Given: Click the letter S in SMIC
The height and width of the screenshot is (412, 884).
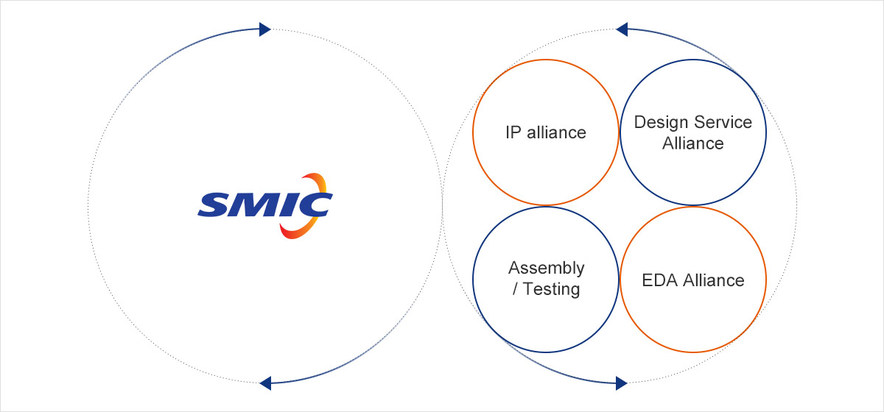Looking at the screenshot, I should tap(212, 205).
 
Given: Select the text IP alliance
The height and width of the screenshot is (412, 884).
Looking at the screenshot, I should tap(546, 132).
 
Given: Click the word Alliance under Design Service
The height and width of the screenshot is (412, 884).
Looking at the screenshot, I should tap(693, 143).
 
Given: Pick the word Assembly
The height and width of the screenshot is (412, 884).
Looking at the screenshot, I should tap(546, 268).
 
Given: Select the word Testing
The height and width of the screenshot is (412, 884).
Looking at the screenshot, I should tap(552, 288).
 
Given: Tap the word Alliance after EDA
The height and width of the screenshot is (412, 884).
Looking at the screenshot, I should tap(714, 280).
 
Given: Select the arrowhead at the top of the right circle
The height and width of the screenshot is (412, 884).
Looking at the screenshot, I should tap(621, 29).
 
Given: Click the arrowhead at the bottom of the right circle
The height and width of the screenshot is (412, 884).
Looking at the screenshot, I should tap(621, 382).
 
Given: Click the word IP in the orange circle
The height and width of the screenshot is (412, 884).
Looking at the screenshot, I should tap(513, 132).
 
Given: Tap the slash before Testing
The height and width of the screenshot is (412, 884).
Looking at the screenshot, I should tap(514, 288).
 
